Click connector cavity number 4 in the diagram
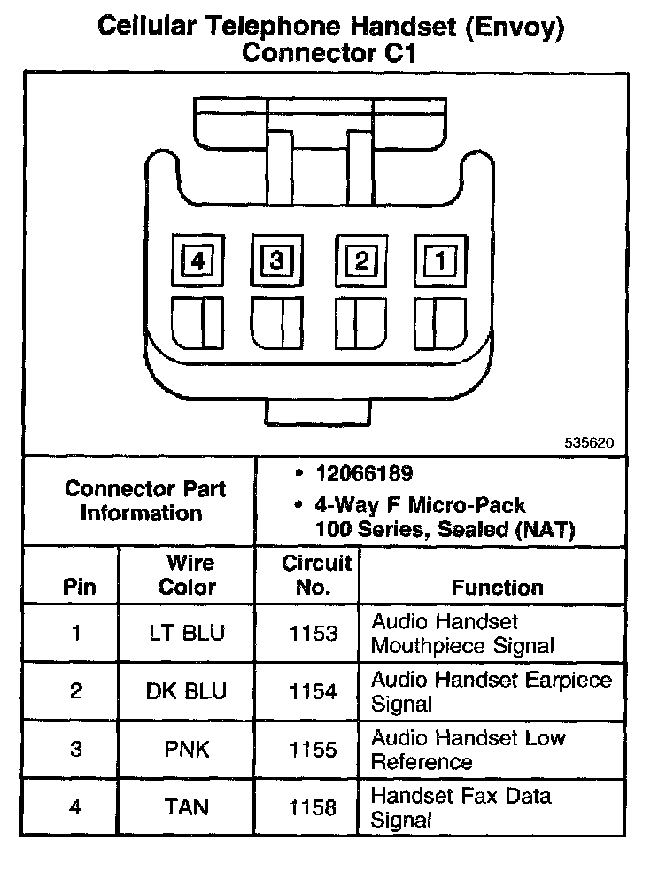point(197,262)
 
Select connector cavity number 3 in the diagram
point(276,261)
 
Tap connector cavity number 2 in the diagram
point(360,261)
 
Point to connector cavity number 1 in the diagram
point(440,261)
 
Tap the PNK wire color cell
point(187,750)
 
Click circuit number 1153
point(314,634)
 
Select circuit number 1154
point(314,691)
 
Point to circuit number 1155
point(314,750)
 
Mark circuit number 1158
point(314,807)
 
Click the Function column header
point(497,588)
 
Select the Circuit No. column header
point(316,575)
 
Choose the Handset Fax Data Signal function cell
point(461,807)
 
